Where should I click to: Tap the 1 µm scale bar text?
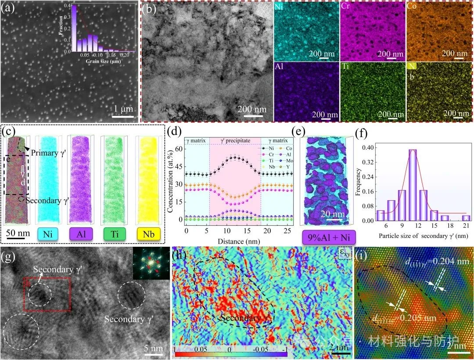(x=119, y=108)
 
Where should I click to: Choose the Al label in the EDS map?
(x=279, y=68)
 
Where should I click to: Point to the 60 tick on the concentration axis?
(x=179, y=149)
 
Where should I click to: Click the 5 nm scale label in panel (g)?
(x=154, y=348)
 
